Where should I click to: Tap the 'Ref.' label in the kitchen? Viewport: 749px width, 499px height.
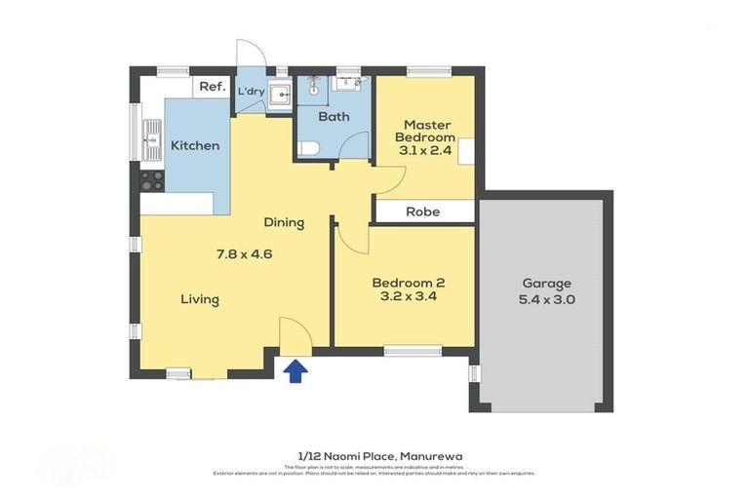click(213, 87)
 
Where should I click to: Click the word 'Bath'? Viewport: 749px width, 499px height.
click(335, 117)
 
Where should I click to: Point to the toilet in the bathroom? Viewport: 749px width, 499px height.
click(308, 149)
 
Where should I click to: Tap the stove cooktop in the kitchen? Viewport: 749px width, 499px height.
click(152, 180)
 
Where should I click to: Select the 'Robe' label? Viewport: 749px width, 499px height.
click(422, 211)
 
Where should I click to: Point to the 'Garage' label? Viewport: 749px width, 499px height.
click(547, 283)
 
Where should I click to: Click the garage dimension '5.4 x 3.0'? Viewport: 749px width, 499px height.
click(547, 300)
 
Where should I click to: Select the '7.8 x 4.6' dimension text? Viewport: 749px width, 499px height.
click(244, 254)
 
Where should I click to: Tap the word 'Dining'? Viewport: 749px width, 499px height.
click(283, 222)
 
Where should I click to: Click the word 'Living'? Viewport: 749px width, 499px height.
click(199, 299)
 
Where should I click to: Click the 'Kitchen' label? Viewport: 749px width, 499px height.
click(195, 146)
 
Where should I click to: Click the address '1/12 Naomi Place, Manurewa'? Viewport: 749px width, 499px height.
click(374, 455)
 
